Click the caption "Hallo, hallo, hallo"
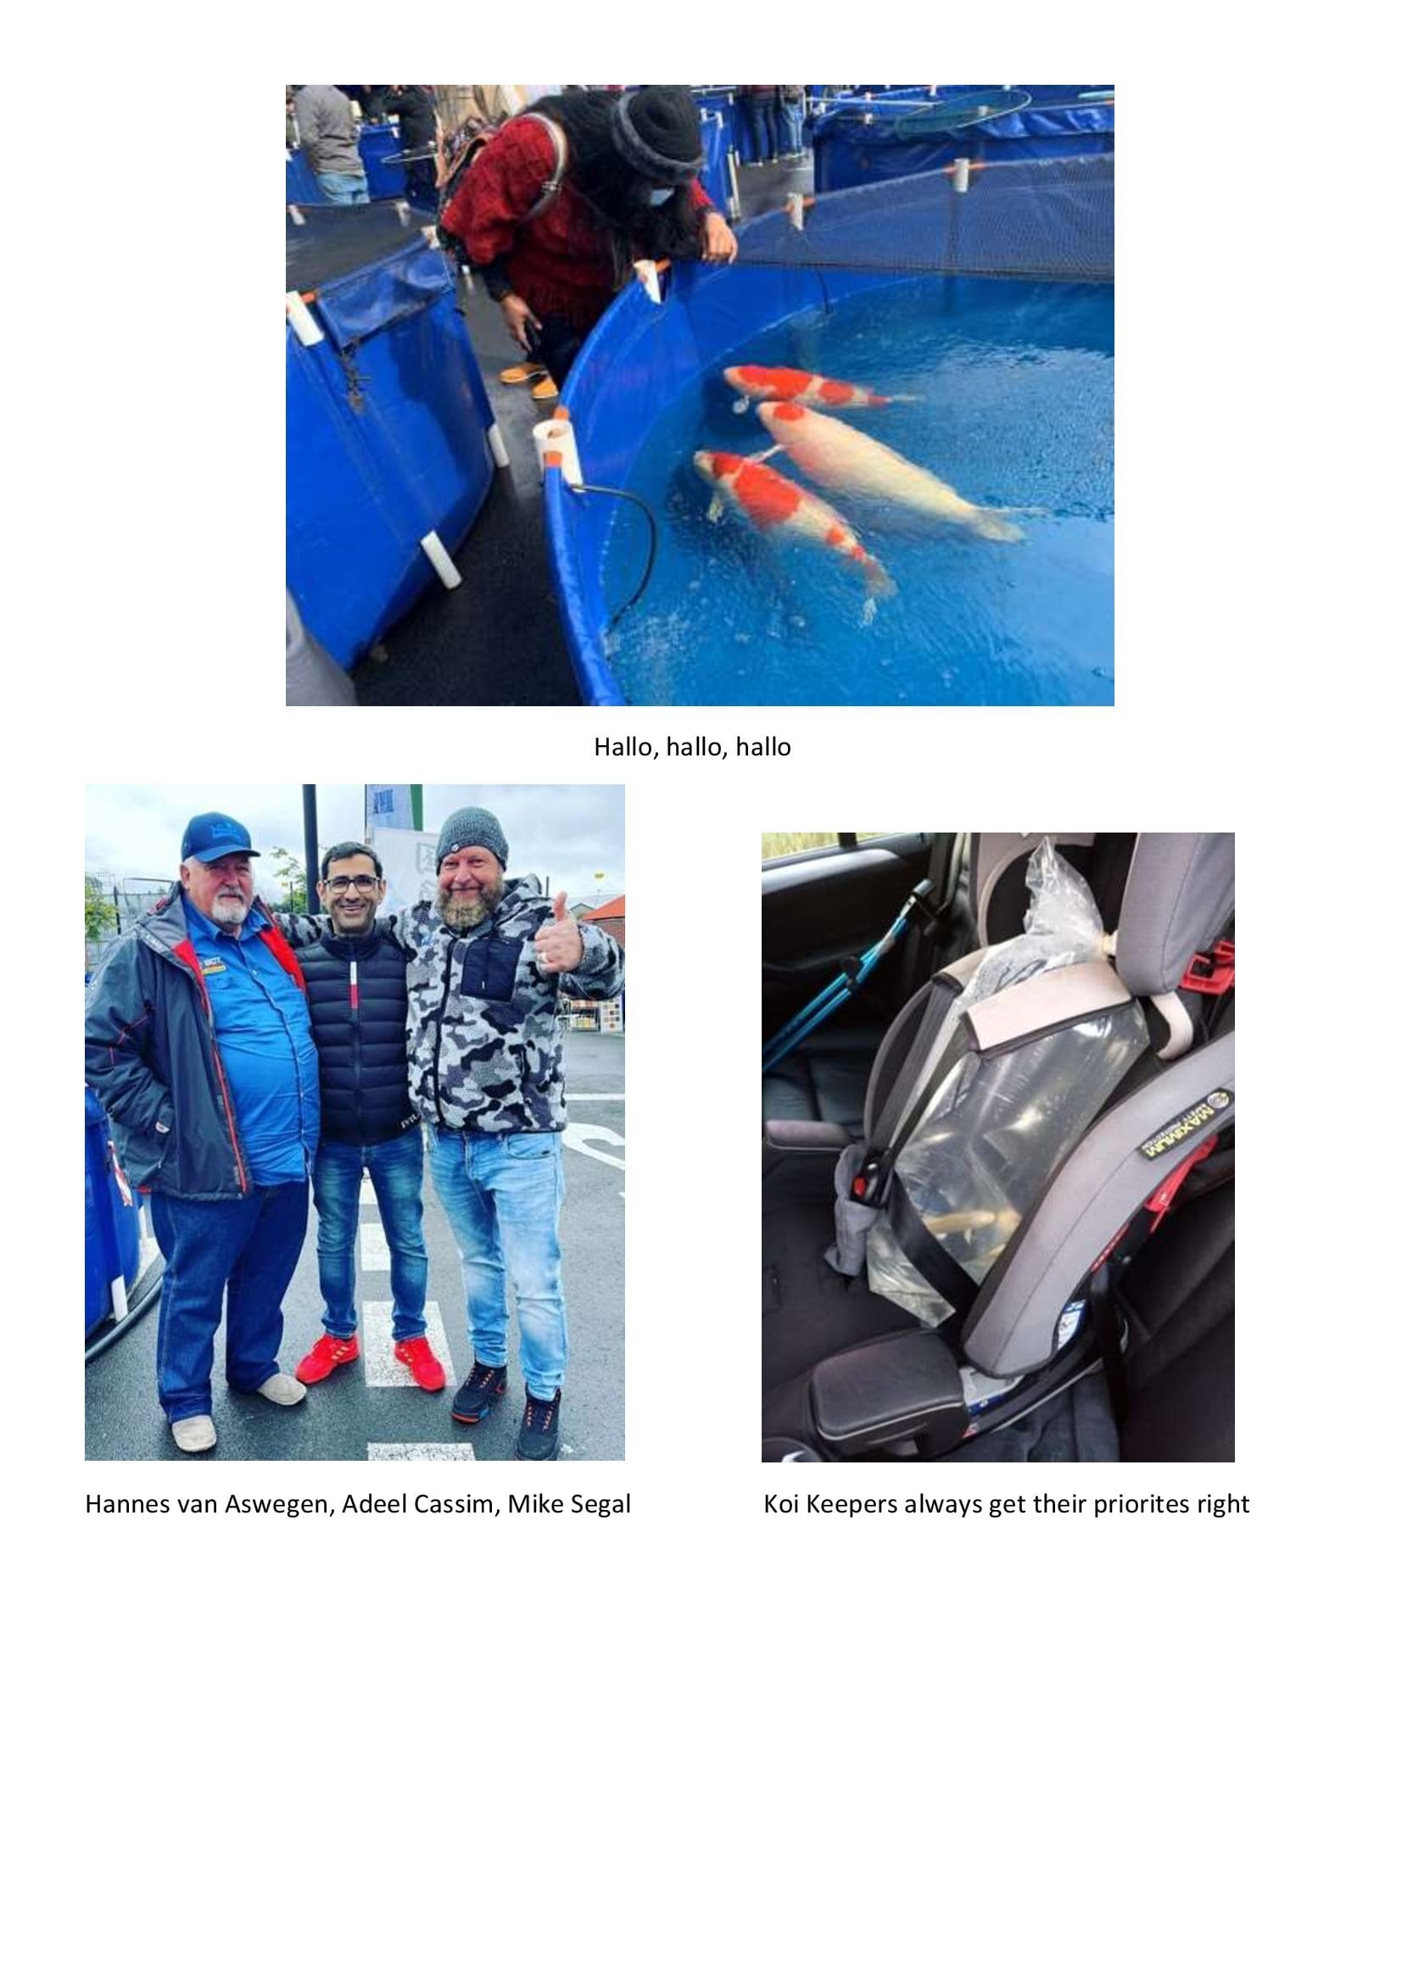(x=692, y=747)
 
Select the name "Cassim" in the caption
(x=455, y=1505)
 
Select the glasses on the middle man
(x=352, y=883)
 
